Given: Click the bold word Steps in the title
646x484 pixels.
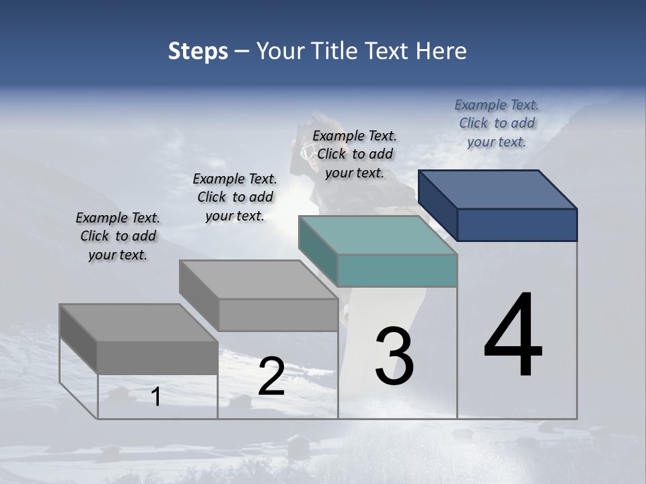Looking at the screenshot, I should [x=198, y=51].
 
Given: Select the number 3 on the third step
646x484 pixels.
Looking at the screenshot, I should [x=394, y=356].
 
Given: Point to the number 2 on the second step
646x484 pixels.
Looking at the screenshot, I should [x=271, y=376].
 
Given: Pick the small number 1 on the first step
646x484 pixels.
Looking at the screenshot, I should [x=156, y=397].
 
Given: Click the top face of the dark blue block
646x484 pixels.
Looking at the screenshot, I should [x=498, y=189].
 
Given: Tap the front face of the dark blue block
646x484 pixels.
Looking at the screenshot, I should [x=517, y=225].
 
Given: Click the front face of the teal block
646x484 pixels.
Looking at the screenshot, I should [x=397, y=270].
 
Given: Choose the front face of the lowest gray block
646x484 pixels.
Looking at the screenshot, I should [x=157, y=357].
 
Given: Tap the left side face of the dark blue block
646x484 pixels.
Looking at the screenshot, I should [x=437, y=205].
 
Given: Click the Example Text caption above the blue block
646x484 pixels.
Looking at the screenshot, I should [x=497, y=123].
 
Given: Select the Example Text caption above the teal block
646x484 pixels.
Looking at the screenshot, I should [x=355, y=154].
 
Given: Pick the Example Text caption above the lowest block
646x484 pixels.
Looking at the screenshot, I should [x=118, y=236].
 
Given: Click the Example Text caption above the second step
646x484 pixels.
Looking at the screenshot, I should [x=235, y=197].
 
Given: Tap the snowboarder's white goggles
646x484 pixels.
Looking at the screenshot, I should [x=308, y=151].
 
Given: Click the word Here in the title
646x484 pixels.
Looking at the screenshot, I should [x=443, y=51].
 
